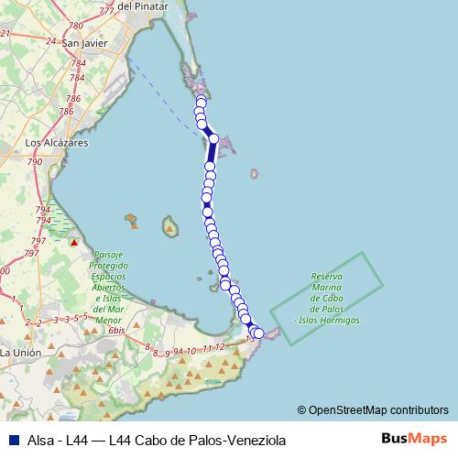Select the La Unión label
18,352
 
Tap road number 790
35,161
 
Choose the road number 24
50,42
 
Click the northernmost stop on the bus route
202,99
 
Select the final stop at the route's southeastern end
258,333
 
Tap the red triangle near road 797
75,243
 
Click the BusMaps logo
414,439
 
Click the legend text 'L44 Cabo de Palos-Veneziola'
197,440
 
